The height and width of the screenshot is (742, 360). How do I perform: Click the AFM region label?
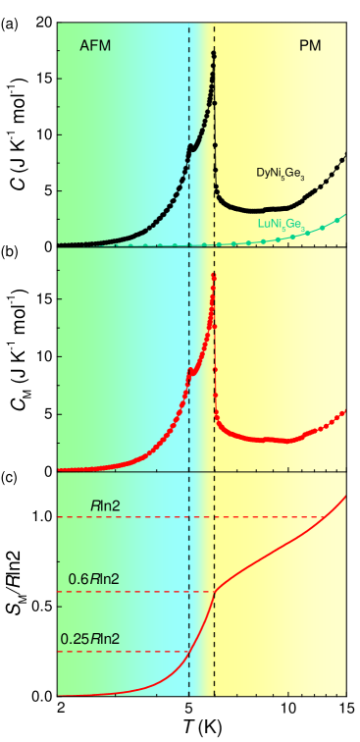coord(95,46)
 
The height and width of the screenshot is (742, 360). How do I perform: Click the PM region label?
coord(310,46)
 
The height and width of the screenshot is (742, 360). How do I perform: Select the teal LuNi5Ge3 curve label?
coord(282,225)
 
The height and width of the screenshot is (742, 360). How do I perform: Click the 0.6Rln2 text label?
coord(93,579)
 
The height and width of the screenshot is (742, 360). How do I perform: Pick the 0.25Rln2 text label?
coord(90,639)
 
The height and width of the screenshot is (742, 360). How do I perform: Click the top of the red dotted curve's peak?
coord(214,277)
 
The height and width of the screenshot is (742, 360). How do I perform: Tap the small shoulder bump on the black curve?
coord(191,147)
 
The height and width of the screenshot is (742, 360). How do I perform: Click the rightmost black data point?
coord(344,156)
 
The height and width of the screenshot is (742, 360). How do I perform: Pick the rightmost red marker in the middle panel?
coord(344,413)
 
